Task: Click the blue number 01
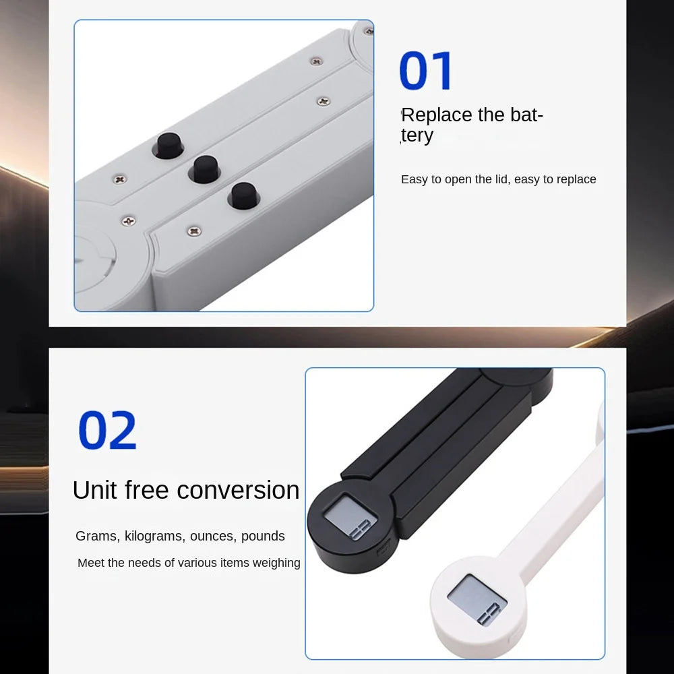425,71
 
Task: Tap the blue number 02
107,430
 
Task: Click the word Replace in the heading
437,115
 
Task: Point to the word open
458,180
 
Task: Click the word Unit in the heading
94,490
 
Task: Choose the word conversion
238,490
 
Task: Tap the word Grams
97,537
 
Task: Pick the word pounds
263,537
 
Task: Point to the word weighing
276,563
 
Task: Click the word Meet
90,563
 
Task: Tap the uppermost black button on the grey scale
168,146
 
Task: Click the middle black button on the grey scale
205,169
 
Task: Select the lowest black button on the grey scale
243,195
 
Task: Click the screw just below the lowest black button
194,231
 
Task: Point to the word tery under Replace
417,135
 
